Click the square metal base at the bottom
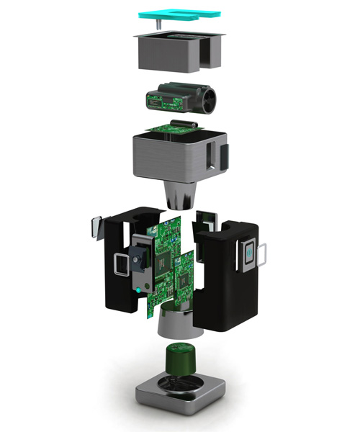(176, 400)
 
